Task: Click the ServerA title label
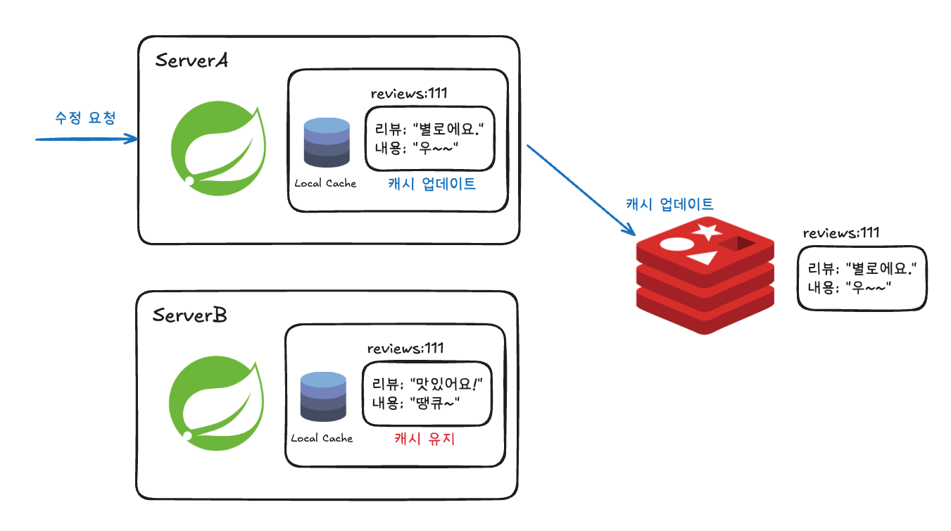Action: point(191,61)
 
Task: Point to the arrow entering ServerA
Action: point(86,139)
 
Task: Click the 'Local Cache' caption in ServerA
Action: point(325,183)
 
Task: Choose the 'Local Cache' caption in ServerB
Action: point(322,438)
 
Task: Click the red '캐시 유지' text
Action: point(424,439)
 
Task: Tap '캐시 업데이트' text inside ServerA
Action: point(432,185)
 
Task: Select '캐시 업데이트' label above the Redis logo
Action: point(669,205)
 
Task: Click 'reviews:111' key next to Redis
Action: point(841,233)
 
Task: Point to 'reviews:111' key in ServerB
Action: point(405,349)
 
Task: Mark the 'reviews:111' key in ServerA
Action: point(409,94)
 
